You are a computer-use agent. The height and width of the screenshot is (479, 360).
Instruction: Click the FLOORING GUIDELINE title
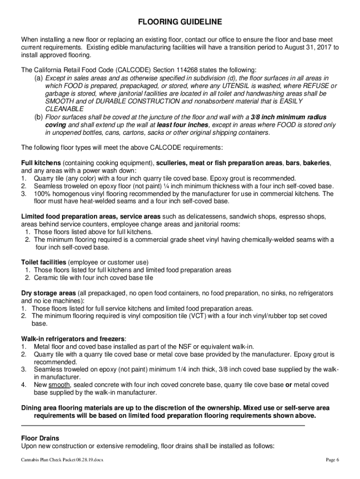[180, 22]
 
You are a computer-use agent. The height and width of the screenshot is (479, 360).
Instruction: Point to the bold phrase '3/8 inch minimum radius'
[288, 116]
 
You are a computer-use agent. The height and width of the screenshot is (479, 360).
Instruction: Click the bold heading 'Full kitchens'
[41, 163]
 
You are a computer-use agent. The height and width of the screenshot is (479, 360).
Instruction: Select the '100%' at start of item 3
[42, 193]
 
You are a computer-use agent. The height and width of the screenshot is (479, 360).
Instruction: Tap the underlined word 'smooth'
[59, 385]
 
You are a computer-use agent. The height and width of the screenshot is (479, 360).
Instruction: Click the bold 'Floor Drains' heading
[40, 438]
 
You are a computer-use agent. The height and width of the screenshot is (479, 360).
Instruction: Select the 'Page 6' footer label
[332, 460]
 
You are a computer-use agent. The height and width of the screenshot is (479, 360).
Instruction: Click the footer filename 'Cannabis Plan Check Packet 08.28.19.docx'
[62, 460]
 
